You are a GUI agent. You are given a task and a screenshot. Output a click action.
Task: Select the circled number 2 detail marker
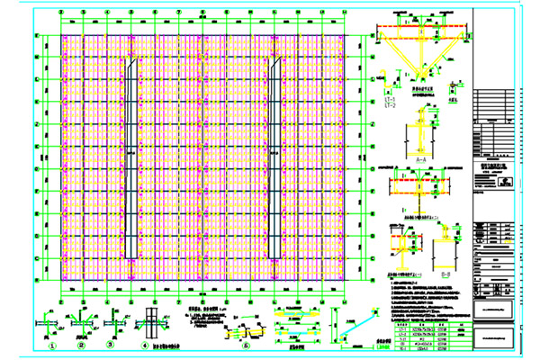click(x=83, y=344)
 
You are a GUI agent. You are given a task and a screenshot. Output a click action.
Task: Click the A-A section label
click(x=420, y=157)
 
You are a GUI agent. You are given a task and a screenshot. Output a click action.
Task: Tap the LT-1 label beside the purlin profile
click(x=389, y=100)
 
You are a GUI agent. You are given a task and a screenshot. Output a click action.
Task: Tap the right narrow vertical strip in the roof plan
click(x=273, y=162)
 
